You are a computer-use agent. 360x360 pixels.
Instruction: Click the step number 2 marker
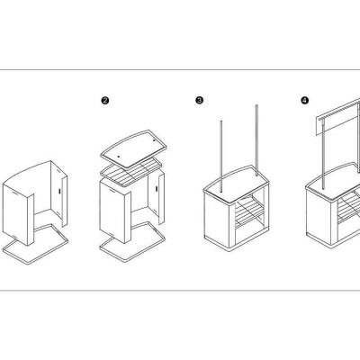point(105,101)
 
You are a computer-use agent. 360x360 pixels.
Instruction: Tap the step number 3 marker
point(199,100)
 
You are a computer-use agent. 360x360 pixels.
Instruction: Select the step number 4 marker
point(305,100)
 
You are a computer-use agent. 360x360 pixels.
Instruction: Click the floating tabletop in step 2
point(133,148)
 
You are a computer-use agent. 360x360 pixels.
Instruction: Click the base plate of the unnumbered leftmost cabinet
point(35,244)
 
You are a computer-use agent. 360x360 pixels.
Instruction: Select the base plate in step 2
point(132,242)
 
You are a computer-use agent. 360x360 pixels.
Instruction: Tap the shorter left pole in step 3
point(221,156)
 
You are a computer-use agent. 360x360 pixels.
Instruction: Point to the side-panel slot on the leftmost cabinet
point(59,191)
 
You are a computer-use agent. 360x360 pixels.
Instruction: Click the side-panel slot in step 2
point(157,189)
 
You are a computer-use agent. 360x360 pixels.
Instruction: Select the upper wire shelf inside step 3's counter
point(247,206)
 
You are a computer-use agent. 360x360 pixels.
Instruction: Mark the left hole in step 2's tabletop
point(119,157)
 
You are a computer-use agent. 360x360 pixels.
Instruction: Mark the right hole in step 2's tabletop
point(154,140)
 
